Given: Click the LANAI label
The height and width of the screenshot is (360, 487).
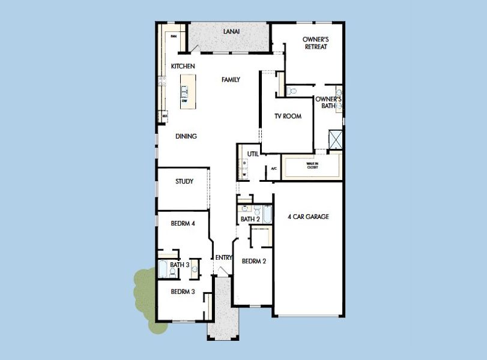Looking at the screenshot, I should coord(232,32).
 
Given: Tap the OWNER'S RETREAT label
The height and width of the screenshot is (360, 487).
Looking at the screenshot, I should coord(315,43).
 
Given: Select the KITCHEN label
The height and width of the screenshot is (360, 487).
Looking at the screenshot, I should coord(183,66).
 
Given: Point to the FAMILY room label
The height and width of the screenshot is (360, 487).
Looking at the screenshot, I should coord(231,79).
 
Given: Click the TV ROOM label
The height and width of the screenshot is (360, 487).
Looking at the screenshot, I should coord(288,116).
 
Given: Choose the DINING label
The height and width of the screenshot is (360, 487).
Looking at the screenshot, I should coord(186,136).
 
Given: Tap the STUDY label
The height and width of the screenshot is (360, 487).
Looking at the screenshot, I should coord(184,181).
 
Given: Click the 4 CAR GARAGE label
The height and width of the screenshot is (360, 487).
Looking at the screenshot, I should coord(308,217).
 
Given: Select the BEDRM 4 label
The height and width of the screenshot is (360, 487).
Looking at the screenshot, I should coord(183,223).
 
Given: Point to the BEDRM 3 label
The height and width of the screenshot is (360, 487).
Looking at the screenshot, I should coord(183,292).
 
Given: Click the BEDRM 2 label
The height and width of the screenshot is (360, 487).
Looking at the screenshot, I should coord(253,261).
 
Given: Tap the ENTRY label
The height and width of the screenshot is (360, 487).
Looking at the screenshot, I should coord(224,257).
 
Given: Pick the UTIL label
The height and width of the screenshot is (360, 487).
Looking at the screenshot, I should coord(253,154).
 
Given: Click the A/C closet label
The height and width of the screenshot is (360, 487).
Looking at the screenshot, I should coord(274,169).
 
